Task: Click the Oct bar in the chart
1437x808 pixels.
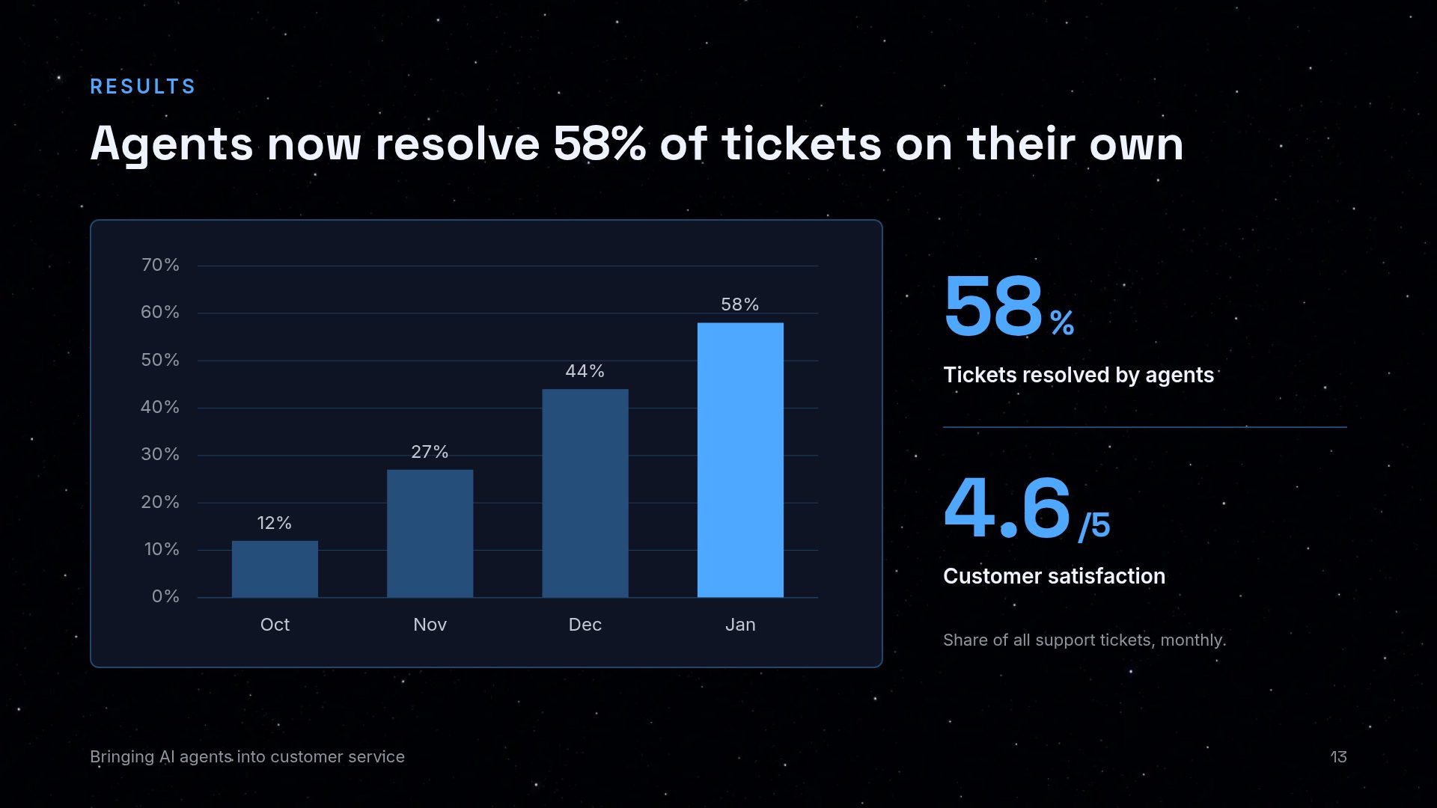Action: point(275,569)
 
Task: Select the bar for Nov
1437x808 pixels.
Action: point(430,533)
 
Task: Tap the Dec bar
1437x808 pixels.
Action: point(585,493)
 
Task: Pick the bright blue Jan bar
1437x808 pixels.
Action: point(740,460)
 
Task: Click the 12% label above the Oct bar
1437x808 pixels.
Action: point(275,523)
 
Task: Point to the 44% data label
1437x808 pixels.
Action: point(585,371)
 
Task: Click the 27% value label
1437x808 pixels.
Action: point(430,452)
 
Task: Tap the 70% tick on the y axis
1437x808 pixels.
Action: point(160,265)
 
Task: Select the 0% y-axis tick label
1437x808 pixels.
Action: point(165,596)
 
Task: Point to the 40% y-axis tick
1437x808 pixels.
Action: point(160,407)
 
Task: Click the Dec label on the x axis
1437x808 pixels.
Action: point(585,625)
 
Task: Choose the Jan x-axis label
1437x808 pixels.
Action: point(740,625)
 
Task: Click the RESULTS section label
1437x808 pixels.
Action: point(143,87)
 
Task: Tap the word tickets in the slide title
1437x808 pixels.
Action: point(802,144)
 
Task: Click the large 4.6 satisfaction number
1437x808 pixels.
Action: point(1007,508)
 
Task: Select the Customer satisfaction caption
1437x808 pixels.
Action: point(1054,576)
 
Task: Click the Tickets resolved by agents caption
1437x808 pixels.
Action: point(1078,375)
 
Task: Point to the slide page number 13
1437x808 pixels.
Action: point(1338,757)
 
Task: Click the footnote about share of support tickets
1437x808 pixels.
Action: point(1084,640)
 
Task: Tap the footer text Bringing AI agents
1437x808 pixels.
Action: point(161,757)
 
